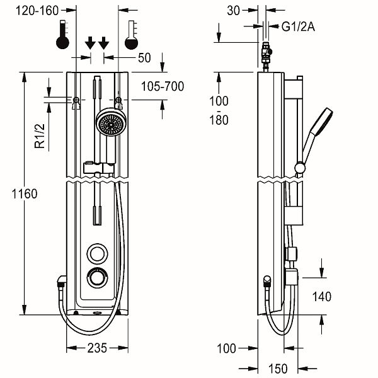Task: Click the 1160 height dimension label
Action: click(x=25, y=194)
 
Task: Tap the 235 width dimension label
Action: click(x=97, y=348)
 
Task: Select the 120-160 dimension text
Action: click(x=37, y=11)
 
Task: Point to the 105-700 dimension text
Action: click(x=163, y=86)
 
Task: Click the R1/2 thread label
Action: click(x=40, y=135)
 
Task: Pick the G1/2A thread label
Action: click(x=298, y=26)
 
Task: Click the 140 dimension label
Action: click(x=322, y=297)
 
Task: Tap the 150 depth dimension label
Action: click(x=278, y=369)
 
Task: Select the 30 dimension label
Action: click(x=233, y=11)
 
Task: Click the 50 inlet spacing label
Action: click(x=144, y=58)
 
